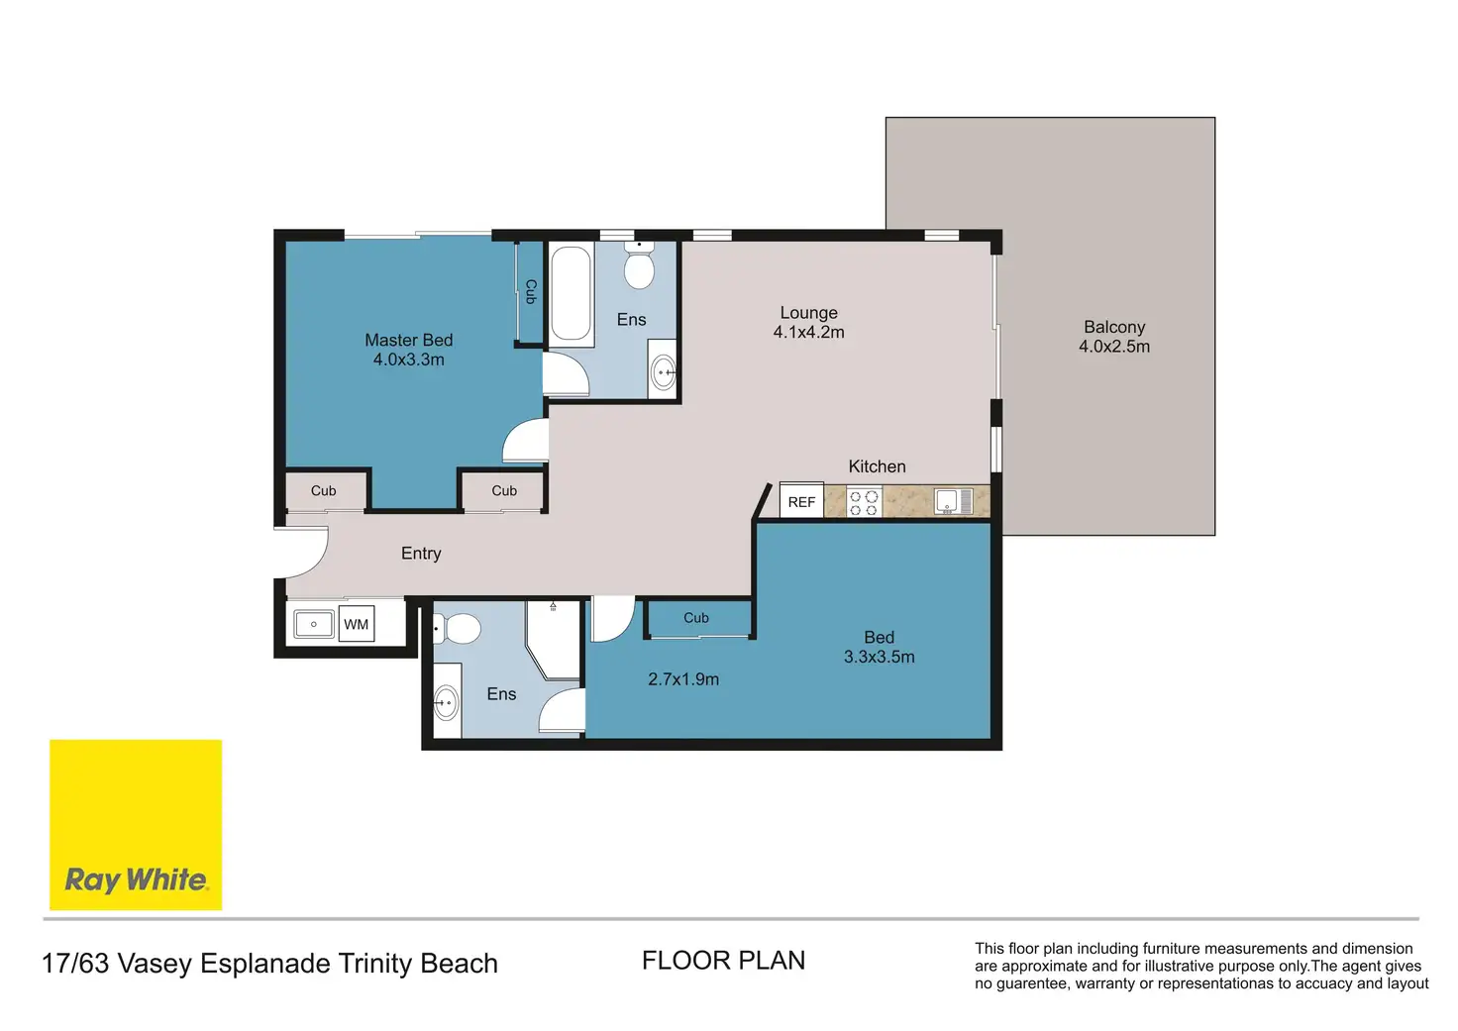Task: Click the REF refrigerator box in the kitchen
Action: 802,500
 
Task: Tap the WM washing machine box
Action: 356,624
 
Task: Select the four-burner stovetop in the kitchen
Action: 864,502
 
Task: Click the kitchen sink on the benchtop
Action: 953,501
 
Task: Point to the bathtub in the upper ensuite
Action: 571,293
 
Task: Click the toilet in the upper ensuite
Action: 639,265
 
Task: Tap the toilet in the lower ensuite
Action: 458,629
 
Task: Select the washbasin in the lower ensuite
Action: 447,702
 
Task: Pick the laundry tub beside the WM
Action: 314,624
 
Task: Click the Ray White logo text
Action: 136,879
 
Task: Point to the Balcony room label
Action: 1114,327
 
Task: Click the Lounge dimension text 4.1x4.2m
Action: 809,332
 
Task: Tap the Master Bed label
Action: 409,340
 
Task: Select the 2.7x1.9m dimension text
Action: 683,679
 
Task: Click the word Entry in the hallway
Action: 421,554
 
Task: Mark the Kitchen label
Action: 877,466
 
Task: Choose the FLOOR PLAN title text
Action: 724,961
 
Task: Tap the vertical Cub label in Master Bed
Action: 531,291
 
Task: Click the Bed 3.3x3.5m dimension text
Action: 880,657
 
